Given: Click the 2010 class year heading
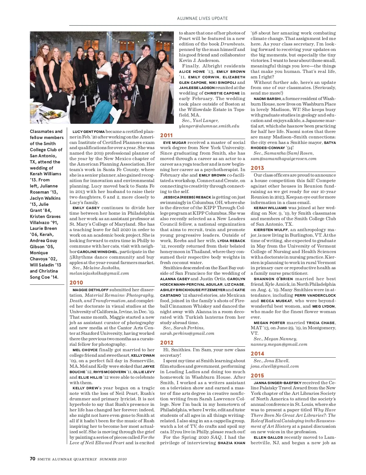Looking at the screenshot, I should pos(76,283).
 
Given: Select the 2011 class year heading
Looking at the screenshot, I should pos(167,135).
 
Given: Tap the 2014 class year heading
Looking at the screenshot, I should pos(257,354).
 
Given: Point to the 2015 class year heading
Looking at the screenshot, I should pos(257,376).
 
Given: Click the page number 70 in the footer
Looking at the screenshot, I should pos(33,459).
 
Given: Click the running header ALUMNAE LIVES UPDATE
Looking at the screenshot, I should pos(202,18).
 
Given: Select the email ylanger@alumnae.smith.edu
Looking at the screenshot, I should pos(209,126).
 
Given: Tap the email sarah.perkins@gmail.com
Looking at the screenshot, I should pos(187,333).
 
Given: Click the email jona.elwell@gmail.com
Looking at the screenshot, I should pos(274,366).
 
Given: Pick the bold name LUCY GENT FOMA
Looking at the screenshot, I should pos(88,132).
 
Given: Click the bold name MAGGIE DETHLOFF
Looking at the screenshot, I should pos(90,290).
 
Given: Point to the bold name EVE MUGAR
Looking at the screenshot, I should pos(175,142).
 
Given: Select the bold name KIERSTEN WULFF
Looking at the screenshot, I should pos(271,230).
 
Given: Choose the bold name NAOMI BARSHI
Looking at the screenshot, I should pos(267,99).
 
